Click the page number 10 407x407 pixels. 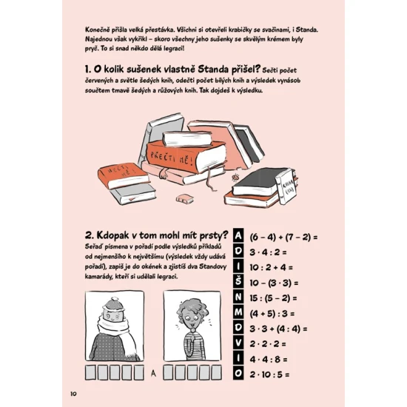pos(73,394)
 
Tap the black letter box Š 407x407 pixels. pos(238,282)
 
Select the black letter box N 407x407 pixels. pos(238,297)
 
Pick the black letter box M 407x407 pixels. pos(238,312)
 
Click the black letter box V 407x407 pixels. pos(238,343)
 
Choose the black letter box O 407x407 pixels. pos(238,374)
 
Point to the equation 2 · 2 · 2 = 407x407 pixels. pos(268,344)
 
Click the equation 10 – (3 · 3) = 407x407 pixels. pos(274,283)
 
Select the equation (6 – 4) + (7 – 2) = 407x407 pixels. pos(283,237)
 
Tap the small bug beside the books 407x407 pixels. pos(235,177)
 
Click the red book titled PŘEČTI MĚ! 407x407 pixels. pos(186,157)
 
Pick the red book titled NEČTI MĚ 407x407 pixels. pos(123,175)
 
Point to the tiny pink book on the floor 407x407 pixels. pos(184,198)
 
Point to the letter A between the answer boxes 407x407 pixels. pos(153,373)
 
